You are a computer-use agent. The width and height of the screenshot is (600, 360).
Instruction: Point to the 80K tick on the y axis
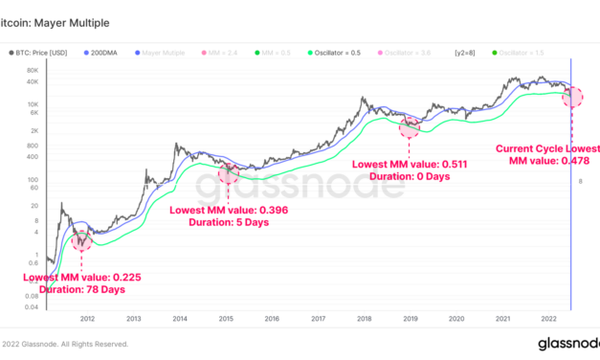pyautogui.click(x=32, y=71)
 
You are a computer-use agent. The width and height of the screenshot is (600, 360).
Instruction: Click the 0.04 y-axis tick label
pyautogui.click(x=31, y=306)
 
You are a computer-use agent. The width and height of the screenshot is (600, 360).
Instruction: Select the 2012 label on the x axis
pyautogui.click(x=87, y=318)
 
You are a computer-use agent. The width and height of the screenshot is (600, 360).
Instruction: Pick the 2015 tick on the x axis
pyautogui.click(x=225, y=318)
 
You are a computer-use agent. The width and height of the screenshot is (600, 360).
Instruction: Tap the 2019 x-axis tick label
pyautogui.click(x=410, y=318)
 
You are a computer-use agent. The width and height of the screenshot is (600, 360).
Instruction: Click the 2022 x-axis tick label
pyautogui.click(x=547, y=318)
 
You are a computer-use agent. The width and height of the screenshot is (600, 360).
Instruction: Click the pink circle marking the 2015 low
pyautogui.click(x=228, y=173)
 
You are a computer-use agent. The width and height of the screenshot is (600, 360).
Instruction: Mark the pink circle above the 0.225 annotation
pyautogui.click(x=81, y=239)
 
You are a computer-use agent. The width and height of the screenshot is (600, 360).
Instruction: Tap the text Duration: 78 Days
pyautogui.click(x=74, y=289)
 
